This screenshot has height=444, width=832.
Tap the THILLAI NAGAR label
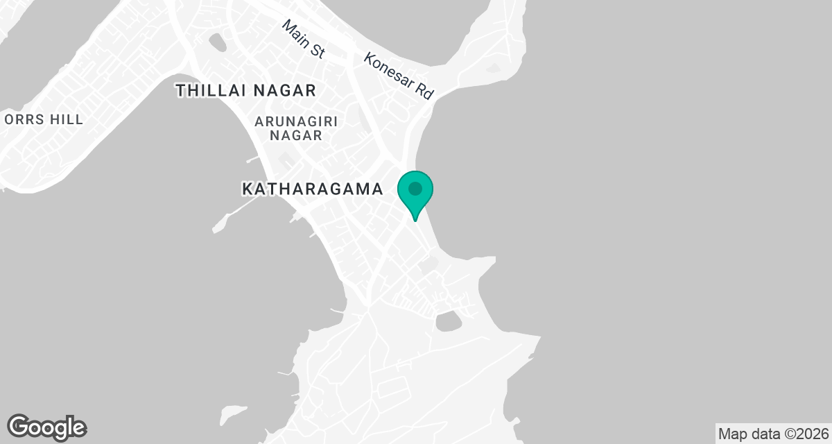[x=245, y=90]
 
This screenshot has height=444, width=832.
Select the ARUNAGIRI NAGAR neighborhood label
[x=296, y=128]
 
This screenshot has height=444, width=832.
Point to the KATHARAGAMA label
[x=312, y=189]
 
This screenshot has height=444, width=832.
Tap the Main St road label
[x=304, y=39]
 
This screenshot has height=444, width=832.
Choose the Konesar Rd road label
[x=399, y=76]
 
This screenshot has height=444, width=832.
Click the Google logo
[x=47, y=427]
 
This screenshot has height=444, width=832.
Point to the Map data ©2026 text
[x=772, y=434]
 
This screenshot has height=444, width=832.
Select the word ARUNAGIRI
[x=296, y=121]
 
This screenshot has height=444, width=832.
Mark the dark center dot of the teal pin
[x=415, y=189]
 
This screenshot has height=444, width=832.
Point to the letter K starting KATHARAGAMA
[x=248, y=189]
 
